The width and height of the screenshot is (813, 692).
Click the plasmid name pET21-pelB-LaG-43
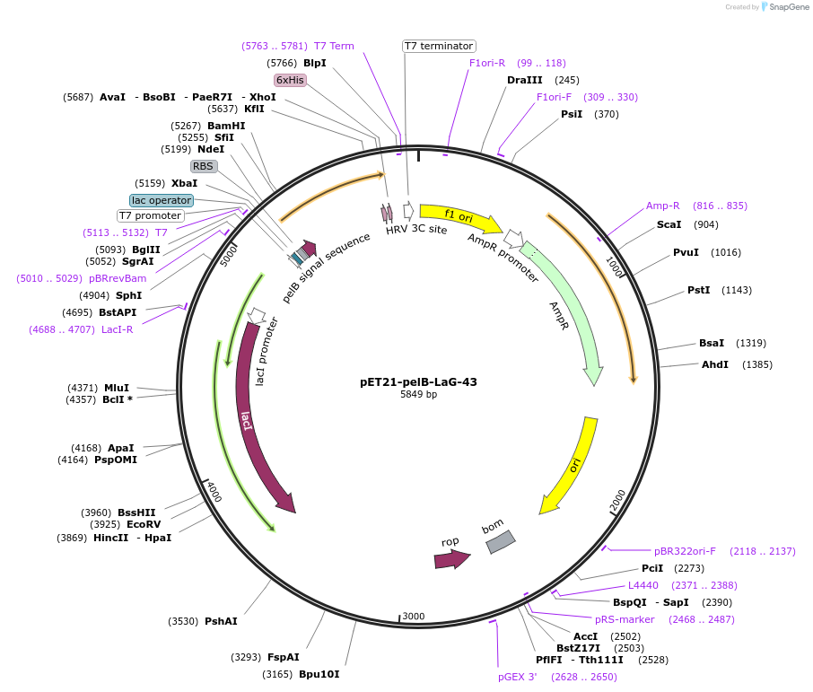(418, 381)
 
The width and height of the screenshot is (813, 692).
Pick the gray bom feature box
(501, 541)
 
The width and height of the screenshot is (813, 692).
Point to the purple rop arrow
(451, 559)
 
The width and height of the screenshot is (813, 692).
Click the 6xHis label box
(290, 80)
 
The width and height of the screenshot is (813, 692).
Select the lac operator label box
(162, 200)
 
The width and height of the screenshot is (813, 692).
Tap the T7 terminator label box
(438, 46)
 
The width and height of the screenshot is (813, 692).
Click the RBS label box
(203, 166)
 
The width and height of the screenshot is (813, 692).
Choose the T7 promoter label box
(151, 215)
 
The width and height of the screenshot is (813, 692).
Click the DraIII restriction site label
(524, 80)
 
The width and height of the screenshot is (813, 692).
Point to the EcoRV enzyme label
(144, 524)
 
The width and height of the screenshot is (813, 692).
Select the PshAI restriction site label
(221, 621)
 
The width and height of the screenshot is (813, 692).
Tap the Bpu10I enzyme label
(319, 674)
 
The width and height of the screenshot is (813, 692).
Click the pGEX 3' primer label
(518, 677)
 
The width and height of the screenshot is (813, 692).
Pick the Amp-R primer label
(663, 206)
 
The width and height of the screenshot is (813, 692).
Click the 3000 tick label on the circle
(413, 616)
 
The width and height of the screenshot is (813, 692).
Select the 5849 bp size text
(418, 395)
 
